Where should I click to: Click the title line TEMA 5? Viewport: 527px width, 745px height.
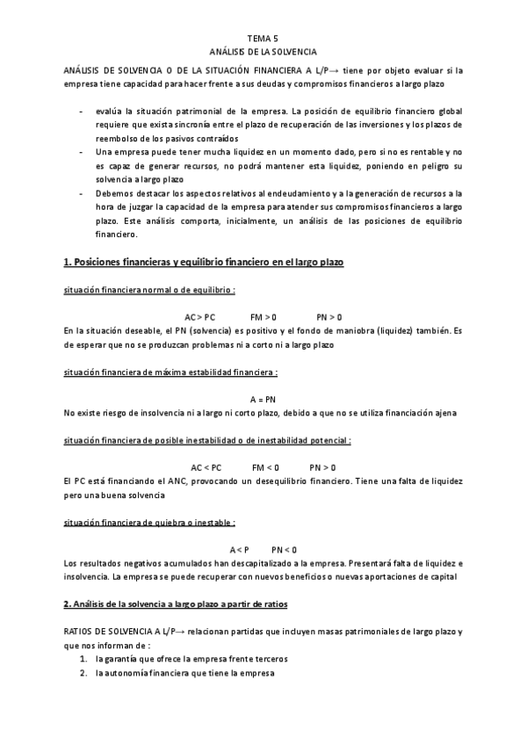pos(263,40)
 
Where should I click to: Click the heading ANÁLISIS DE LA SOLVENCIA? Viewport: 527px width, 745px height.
pos(263,53)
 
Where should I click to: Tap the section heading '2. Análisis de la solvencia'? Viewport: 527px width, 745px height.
pos(176,605)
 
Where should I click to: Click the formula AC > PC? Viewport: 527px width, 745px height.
pos(199,316)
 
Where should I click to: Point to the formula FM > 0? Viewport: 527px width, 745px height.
pos(263,316)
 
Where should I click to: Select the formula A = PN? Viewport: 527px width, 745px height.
pos(263,400)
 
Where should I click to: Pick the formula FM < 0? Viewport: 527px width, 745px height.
pos(265,467)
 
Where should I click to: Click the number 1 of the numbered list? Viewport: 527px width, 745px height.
pos(83,659)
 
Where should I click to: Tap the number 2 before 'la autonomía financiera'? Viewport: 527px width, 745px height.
pos(83,673)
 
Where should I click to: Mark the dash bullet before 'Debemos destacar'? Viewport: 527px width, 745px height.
pos(82,192)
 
